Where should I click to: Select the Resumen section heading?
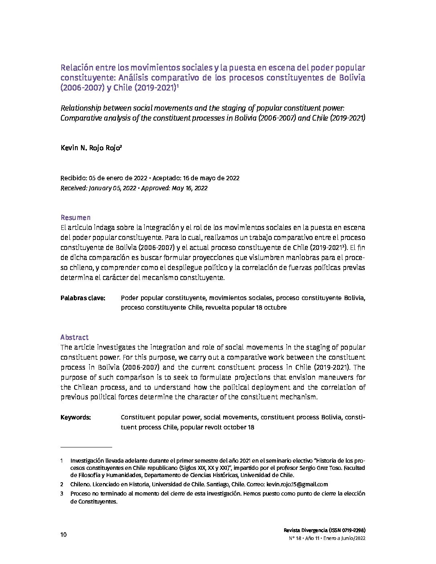[x=75, y=218]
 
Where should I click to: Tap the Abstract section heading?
[x=75, y=337]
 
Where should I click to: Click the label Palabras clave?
[x=83, y=298]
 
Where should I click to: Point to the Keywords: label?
[x=76, y=417]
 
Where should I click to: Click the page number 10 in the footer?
[x=63, y=535]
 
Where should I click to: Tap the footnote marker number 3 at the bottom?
[x=62, y=494]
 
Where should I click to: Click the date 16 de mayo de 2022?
[x=212, y=178]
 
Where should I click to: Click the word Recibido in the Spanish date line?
[x=73, y=178]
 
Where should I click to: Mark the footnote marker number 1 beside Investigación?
[x=62, y=461]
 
